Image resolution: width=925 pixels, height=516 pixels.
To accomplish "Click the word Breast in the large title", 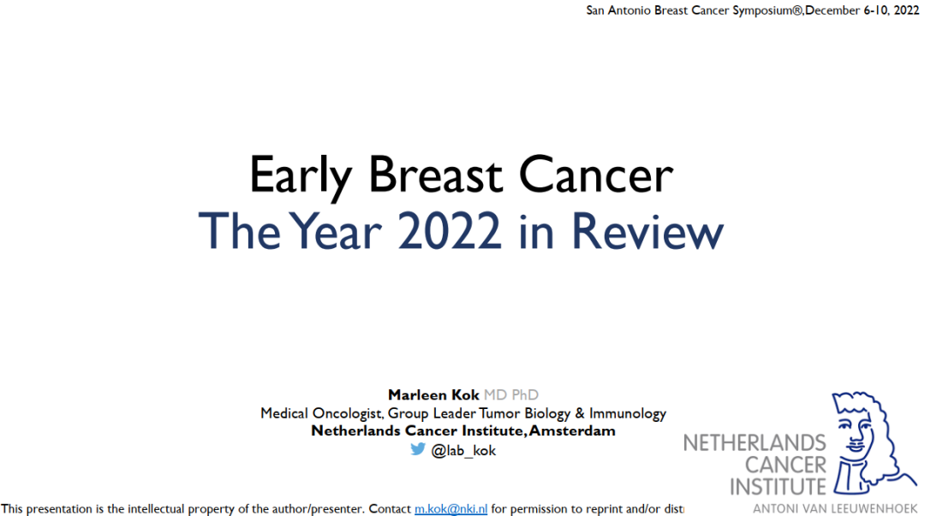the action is click(x=436, y=174).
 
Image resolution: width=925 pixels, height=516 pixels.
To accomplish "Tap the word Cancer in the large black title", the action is click(x=596, y=174).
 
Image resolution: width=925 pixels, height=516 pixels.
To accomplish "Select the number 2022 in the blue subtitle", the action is click(x=450, y=230).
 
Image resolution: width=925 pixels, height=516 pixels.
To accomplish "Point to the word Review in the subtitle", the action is click(x=647, y=230).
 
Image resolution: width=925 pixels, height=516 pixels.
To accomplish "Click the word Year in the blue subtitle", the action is click(x=335, y=230).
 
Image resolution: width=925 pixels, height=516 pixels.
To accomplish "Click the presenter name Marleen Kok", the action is click(x=433, y=394).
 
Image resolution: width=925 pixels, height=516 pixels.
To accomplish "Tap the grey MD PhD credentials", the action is click(x=510, y=394).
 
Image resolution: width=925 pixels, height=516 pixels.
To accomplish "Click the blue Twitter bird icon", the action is click(x=418, y=449).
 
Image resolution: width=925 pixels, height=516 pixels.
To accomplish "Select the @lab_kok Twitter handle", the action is click(x=463, y=451).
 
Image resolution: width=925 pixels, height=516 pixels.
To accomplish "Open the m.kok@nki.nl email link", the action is click(x=451, y=508).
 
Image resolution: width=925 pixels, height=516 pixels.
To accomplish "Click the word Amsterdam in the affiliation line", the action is click(x=572, y=431).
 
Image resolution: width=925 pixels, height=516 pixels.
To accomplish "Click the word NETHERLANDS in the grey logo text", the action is click(x=755, y=443).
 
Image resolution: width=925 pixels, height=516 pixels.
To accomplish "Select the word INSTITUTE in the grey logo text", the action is click(x=778, y=487).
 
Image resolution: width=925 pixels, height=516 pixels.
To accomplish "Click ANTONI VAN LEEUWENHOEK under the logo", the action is click(x=835, y=508).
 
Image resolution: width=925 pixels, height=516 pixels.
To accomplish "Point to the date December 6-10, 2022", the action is click(x=862, y=10).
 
